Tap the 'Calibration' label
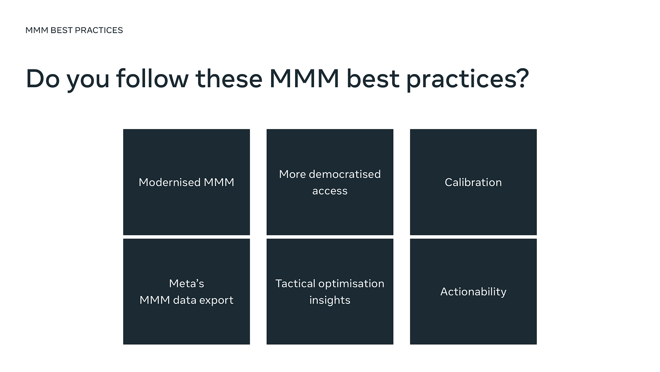[473, 182]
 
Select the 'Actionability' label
[473, 292]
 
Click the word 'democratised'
[345, 174]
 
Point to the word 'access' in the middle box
[330, 191]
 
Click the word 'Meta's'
[186, 283]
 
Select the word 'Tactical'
[296, 283]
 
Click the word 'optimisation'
[351, 284]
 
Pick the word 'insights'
[330, 301]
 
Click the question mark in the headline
[523, 78]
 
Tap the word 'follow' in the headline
[152, 78]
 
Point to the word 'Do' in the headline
[43, 79]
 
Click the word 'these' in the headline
[229, 79]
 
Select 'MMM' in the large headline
[304, 79]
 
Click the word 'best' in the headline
[373, 79]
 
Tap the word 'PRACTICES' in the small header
[99, 30]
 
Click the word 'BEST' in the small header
[62, 30]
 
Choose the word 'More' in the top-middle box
[292, 174]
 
